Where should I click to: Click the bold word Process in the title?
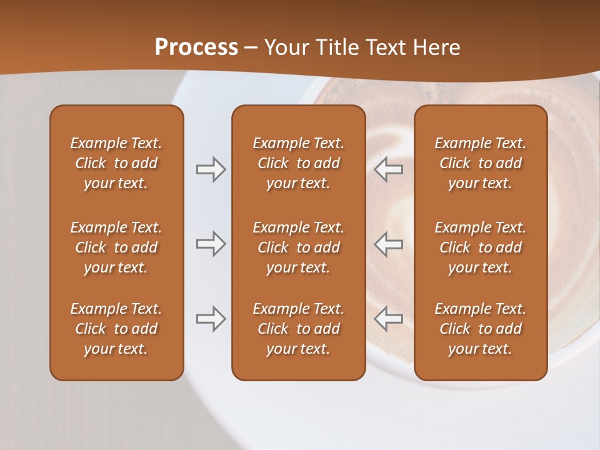[196, 47]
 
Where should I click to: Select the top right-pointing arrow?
[211, 169]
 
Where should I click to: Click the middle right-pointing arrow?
[211, 244]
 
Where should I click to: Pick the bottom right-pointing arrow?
[211, 319]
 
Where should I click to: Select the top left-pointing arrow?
[388, 169]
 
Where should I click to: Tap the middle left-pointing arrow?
[388, 244]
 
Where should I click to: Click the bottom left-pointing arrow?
[388, 319]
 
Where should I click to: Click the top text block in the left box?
[116, 163]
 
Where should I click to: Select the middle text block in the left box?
[116, 247]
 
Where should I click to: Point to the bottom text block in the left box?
[116, 329]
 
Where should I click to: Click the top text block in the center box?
[298, 163]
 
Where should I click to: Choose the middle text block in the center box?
[298, 247]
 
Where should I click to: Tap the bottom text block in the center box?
[298, 329]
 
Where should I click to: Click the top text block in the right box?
[480, 163]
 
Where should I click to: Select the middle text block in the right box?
[480, 247]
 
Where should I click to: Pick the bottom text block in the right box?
[480, 329]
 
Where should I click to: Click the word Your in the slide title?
[285, 47]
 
